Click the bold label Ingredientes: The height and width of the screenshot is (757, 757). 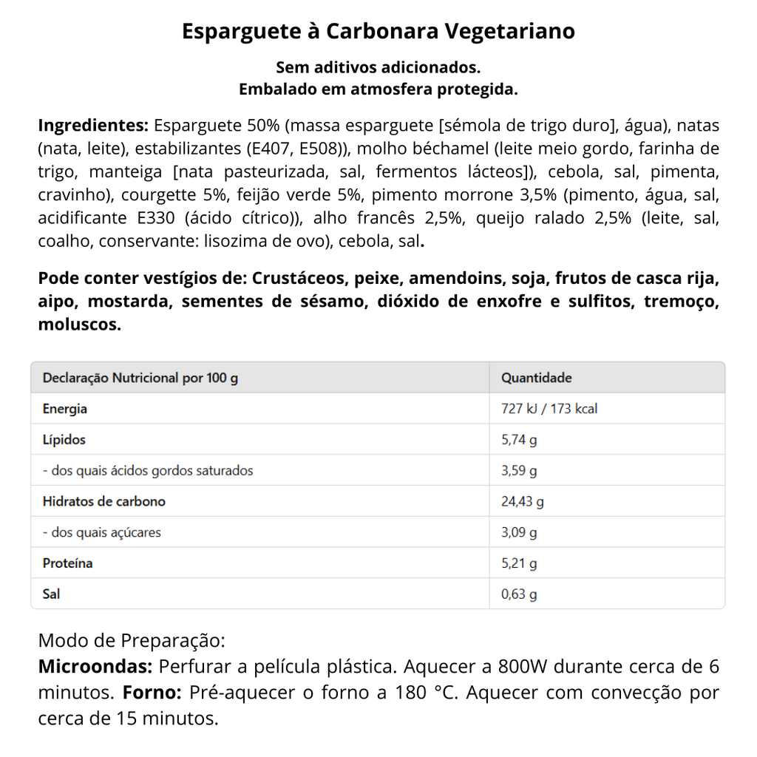[x=93, y=125]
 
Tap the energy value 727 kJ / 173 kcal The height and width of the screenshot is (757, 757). [x=549, y=409]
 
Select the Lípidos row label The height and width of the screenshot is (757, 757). [x=64, y=440]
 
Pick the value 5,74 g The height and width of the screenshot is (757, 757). [x=519, y=440]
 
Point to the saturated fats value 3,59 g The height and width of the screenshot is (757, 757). [x=519, y=471]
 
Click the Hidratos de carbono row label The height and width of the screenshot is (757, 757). [x=104, y=501]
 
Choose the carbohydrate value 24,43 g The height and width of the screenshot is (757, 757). [x=523, y=502]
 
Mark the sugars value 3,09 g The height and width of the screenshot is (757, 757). [x=519, y=532]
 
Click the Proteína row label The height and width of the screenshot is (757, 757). [x=68, y=563]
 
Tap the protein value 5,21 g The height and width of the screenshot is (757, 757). [x=519, y=563]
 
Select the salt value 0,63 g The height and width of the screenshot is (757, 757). [x=519, y=594]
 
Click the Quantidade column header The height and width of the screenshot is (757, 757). [x=537, y=378]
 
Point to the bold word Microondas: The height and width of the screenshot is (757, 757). [x=95, y=667]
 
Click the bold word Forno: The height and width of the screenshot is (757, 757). [x=153, y=693]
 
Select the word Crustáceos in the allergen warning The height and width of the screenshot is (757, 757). [x=299, y=279]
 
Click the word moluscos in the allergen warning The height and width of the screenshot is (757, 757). [x=80, y=325]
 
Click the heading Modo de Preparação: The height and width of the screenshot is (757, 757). [x=131, y=640]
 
